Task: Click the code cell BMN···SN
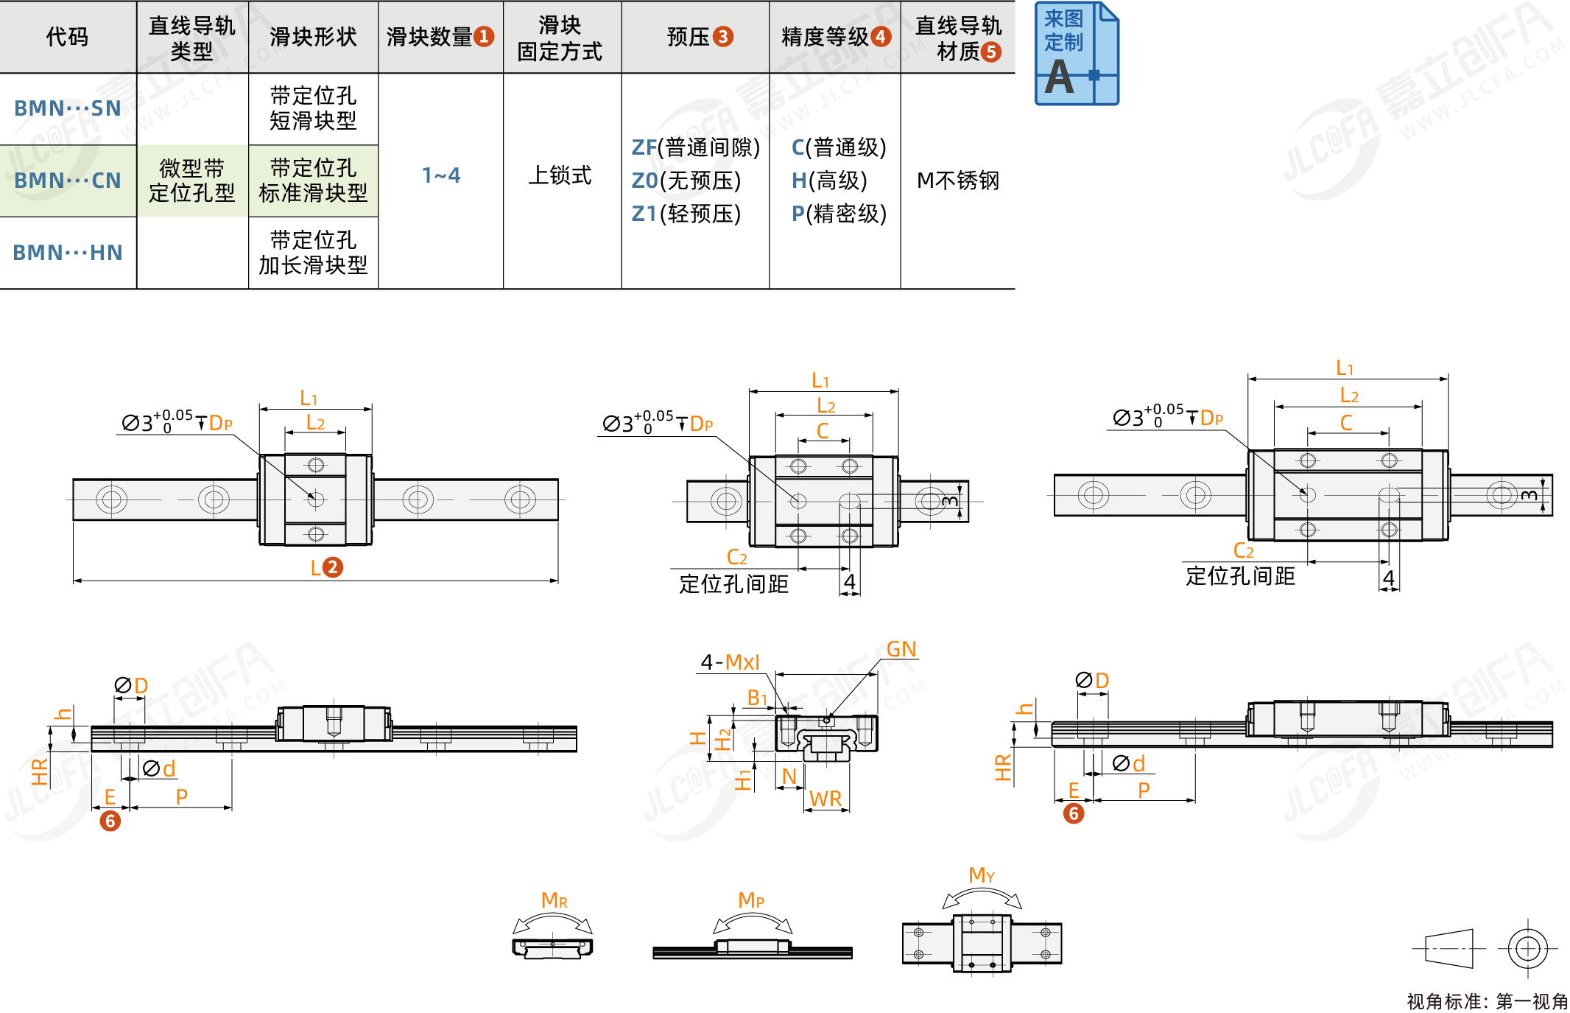tap(68, 108)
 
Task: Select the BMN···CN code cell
tap(68, 180)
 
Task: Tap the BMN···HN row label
tap(68, 253)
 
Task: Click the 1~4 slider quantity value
tap(441, 175)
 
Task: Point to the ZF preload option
tap(695, 147)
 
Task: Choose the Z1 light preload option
tap(686, 214)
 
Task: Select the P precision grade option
tap(839, 214)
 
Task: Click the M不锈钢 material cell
tap(957, 180)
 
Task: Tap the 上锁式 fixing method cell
tap(560, 175)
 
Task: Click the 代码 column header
tap(67, 36)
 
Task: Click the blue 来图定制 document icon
tap(1077, 54)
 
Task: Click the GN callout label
tap(901, 649)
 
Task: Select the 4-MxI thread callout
tap(730, 662)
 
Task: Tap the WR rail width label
tap(826, 799)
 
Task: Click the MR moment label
tap(554, 900)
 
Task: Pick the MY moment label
tap(982, 875)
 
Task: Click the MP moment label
tap(751, 900)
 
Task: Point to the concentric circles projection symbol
tap(1527, 948)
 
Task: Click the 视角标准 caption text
tap(1487, 1001)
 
